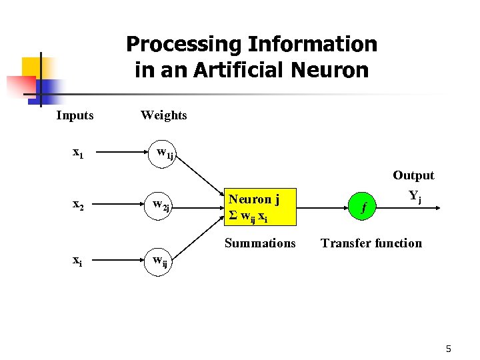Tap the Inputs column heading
pyautogui.click(x=75, y=115)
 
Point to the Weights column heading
pyautogui.click(x=163, y=115)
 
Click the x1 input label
pyautogui.click(x=78, y=153)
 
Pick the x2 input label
pyautogui.click(x=78, y=205)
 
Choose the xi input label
pyautogui.click(x=78, y=261)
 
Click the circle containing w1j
pyautogui.click(x=163, y=154)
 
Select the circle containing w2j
pyautogui.click(x=161, y=206)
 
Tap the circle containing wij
pyautogui.click(x=161, y=261)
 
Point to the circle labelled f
pyautogui.click(x=363, y=207)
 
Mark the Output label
pyautogui.click(x=413, y=175)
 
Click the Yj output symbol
pyautogui.click(x=415, y=197)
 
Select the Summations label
pyautogui.click(x=259, y=243)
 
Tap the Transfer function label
pyautogui.click(x=371, y=243)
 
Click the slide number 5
pyautogui.click(x=448, y=349)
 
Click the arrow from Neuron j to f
pyautogui.click(x=319, y=207)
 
